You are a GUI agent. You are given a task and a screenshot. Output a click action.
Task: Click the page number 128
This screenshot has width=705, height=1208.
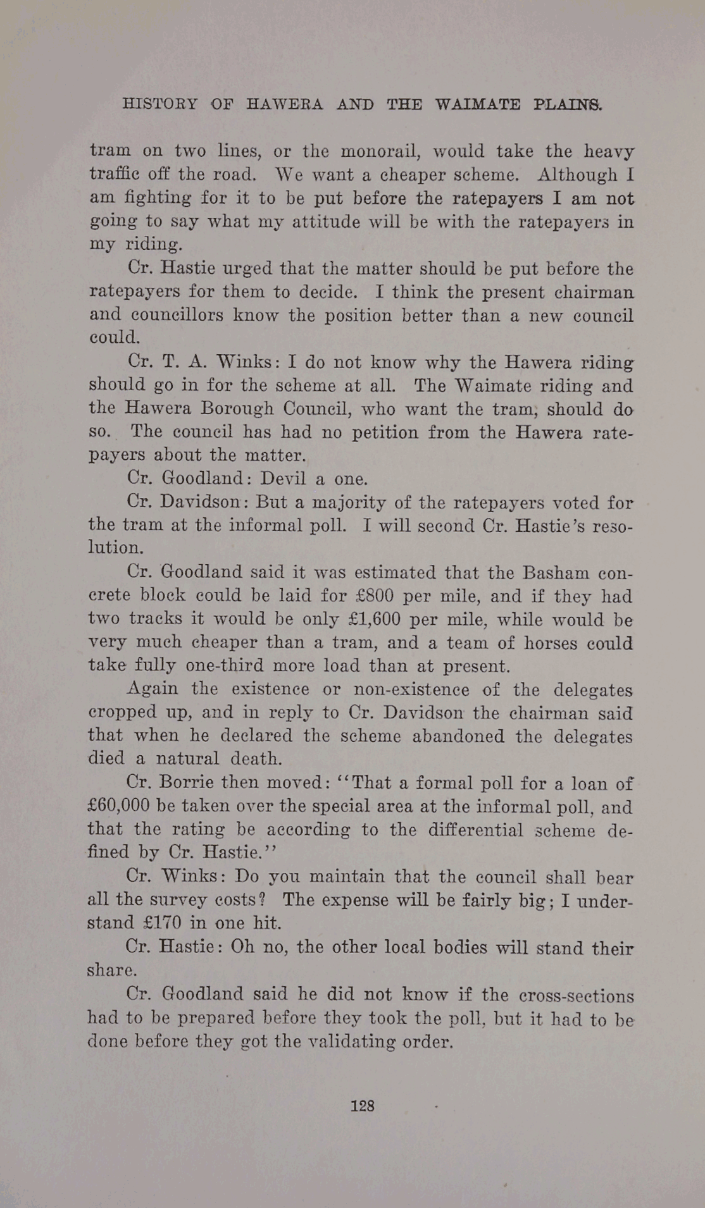pyautogui.click(x=363, y=1106)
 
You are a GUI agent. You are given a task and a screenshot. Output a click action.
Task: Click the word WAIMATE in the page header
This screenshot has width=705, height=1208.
pyautogui.click(x=478, y=104)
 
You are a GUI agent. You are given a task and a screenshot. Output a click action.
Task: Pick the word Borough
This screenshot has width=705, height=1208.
pyautogui.click(x=242, y=409)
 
